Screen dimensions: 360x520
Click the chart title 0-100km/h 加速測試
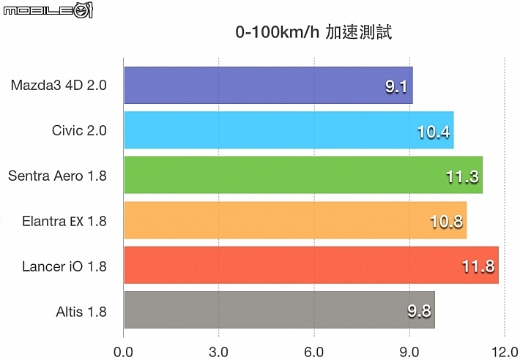(x=314, y=34)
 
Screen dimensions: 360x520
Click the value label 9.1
(x=396, y=87)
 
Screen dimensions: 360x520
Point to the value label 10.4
(x=434, y=132)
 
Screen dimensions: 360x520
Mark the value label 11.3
(x=463, y=177)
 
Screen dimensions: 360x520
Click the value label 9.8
(x=418, y=312)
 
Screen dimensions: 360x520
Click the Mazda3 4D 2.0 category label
(x=59, y=86)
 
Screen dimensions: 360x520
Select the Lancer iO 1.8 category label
(x=64, y=266)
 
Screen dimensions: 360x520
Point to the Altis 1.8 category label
(x=81, y=312)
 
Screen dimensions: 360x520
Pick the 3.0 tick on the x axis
(x=219, y=351)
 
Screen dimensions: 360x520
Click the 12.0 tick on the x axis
(x=505, y=351)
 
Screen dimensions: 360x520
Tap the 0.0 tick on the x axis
(x=124, y=351)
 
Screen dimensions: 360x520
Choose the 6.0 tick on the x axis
(x=314, y=351)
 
